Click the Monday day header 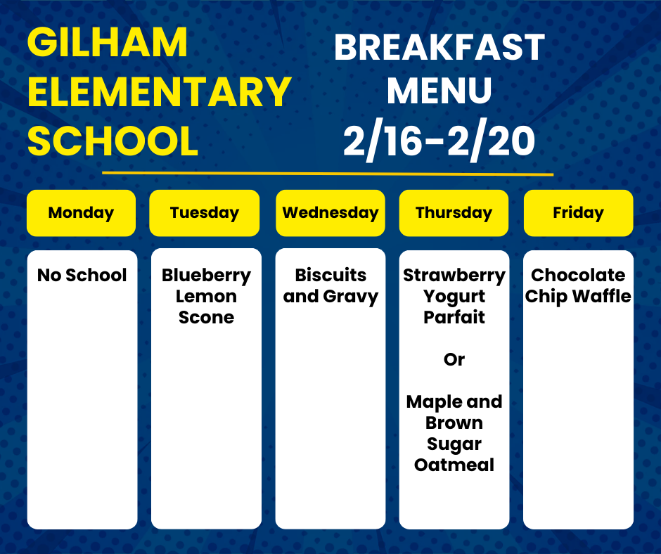(81, 213)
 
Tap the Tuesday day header (205, 213)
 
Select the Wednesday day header (330, 213)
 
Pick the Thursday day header (454, 213)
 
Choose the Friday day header (578, 213)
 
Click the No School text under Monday (82, 275)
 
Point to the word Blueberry (206, 276)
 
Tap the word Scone (206, 317)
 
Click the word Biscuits (330, 275)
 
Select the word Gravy (351, 297)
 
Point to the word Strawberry (454, 276)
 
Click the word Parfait (454, 317)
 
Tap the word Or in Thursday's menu (454, 359)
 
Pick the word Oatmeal (454, 465)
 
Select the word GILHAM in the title (108, 42)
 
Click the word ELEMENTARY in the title (160, 91)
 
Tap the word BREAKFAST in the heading (439, 48)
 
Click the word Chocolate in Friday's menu (578, 275)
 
